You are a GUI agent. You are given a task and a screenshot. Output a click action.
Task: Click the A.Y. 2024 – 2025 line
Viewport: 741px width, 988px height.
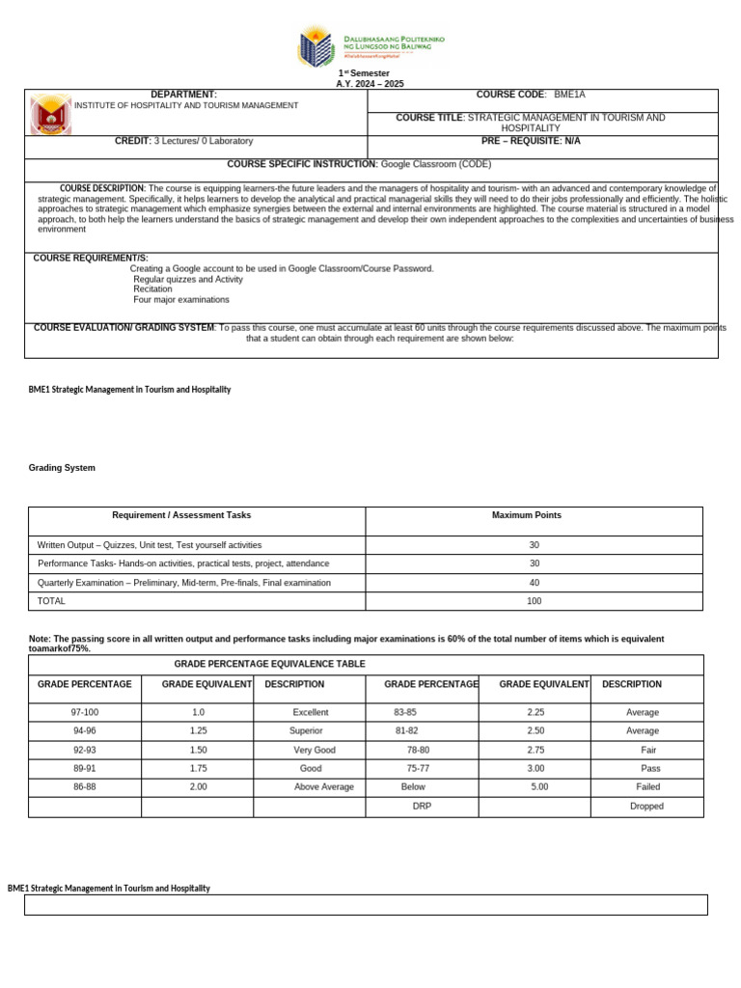tap(363, 84)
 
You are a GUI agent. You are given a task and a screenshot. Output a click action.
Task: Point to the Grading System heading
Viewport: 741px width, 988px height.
tap(63, 468)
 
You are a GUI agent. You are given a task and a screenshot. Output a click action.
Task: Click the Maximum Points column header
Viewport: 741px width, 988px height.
tap(526, 515)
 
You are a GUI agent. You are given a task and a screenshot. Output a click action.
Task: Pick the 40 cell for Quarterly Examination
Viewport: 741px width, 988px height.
tap(534, 583)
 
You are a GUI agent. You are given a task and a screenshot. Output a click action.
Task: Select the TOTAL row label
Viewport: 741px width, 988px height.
tap(50, 601)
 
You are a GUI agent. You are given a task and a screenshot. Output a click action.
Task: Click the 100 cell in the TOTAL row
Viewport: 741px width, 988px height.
tap(534, 601)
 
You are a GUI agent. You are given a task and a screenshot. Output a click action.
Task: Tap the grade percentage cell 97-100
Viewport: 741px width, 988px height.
tap(84, 712)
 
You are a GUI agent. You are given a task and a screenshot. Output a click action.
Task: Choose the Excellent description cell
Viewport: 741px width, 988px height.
tap(311, 712)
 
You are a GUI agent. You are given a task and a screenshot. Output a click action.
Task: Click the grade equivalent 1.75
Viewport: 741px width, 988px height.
tap(198, 768)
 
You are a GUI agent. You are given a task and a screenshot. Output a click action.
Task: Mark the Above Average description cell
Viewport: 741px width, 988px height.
tap(323, 787)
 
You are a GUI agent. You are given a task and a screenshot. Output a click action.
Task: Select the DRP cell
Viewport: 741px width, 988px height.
tap(422, 806)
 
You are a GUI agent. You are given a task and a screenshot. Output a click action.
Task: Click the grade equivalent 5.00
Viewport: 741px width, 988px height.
tap(539, 787)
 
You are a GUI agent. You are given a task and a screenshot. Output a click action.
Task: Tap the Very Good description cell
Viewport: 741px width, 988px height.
tap(314, 750)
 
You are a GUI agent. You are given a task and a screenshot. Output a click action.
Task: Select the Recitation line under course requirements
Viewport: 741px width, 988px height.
tap(152, 288)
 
